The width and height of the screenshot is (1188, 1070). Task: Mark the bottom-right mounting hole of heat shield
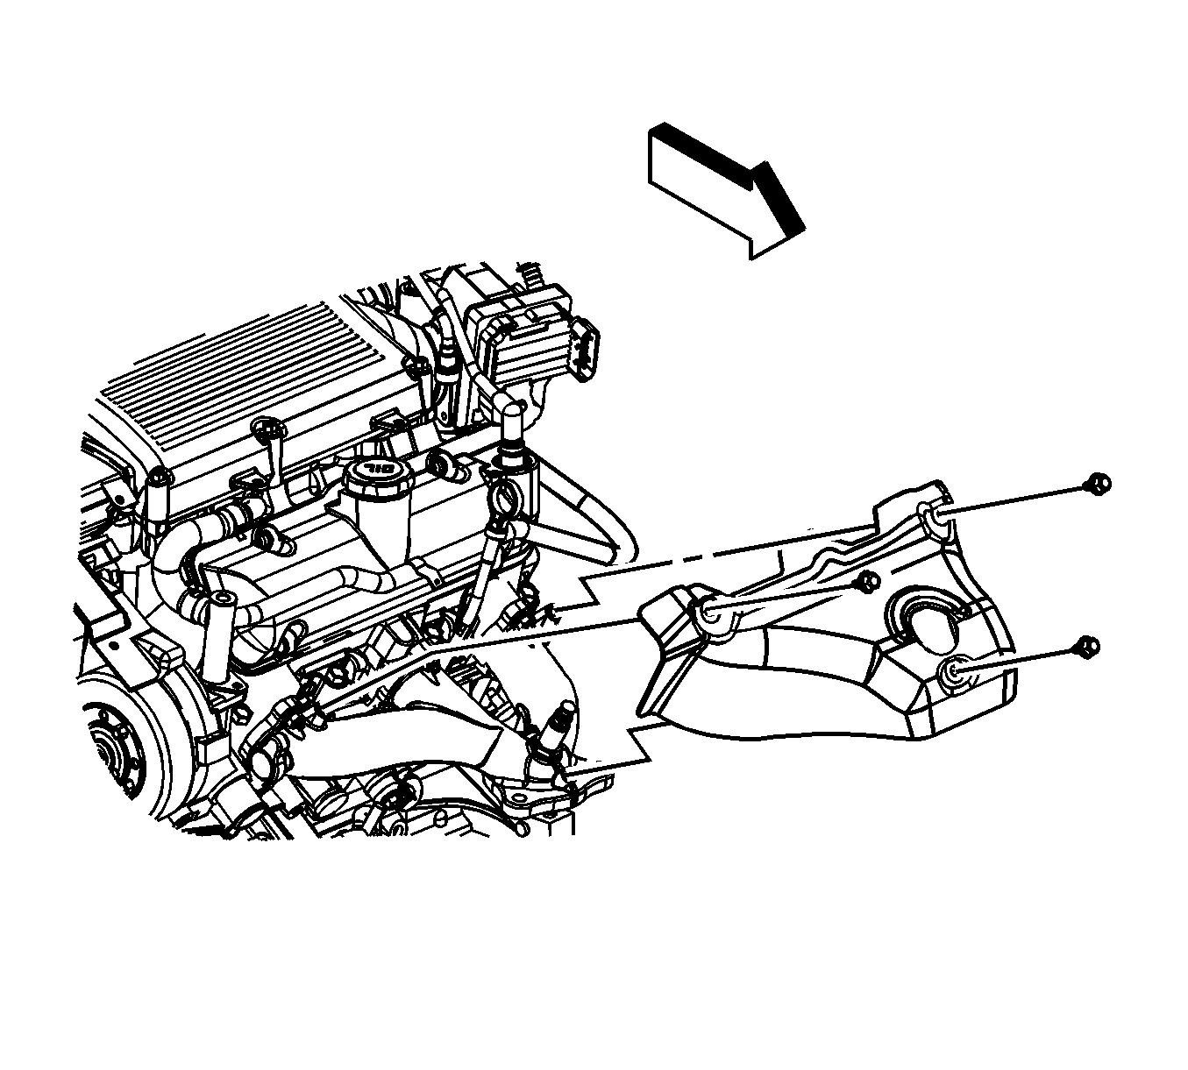click(955, 673)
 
